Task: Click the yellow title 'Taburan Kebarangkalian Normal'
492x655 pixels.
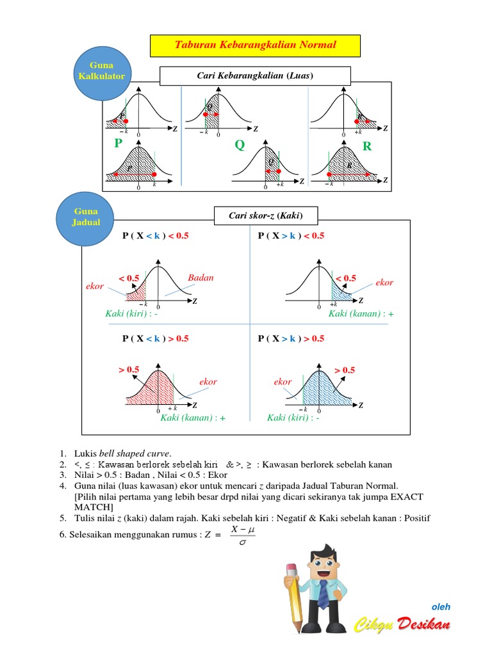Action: tap(255, 45)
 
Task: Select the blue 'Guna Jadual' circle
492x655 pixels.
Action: tap(86, 217)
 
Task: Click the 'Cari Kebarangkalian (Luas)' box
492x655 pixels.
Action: tap(255, 77)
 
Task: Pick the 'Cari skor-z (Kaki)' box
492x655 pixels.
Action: tap(265, 216)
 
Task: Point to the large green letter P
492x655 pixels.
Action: tap(118, 143)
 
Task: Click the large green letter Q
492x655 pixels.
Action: tap(240, 145)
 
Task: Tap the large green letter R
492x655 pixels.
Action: tap(367, 146)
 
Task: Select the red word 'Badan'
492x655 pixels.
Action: tap(201, 278)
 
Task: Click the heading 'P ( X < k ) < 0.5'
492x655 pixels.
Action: tap(156, 235)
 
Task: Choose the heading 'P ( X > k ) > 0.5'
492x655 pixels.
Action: tap(291, 338)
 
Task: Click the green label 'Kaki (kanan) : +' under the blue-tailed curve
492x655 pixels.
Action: tap(361, 314)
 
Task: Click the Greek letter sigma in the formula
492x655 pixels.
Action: tap(242, 542)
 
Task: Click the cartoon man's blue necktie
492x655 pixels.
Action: tap(324, 593)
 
